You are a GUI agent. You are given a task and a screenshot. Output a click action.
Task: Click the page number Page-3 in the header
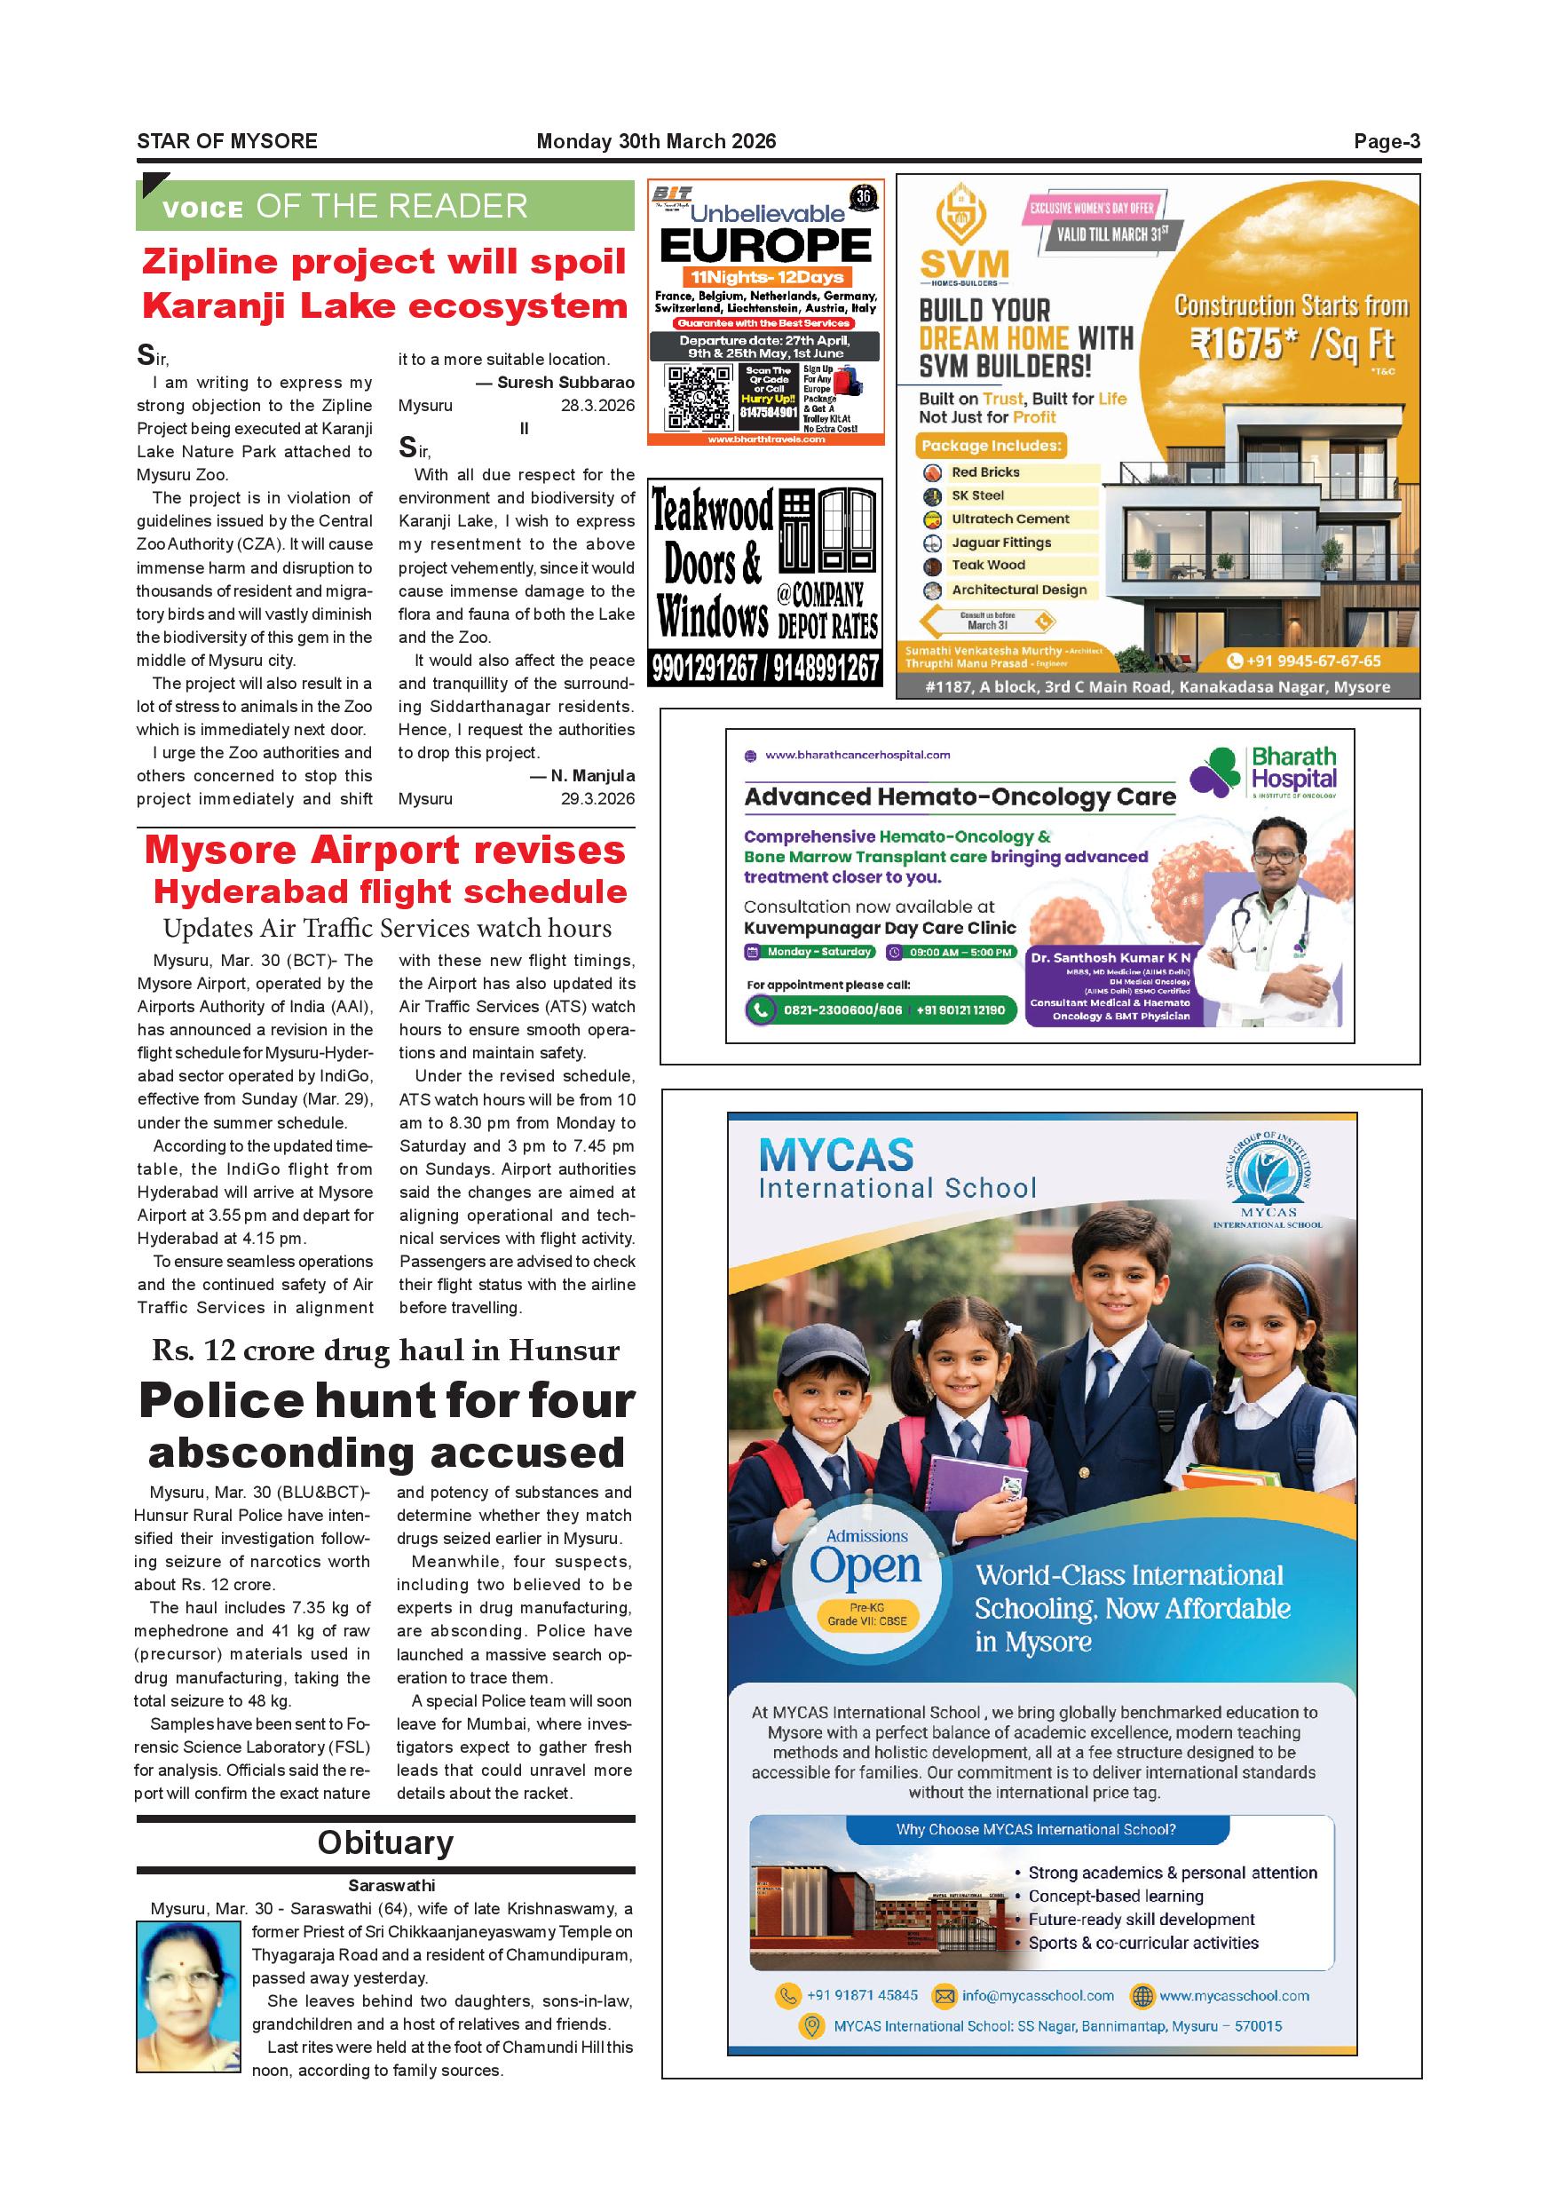tap(1387, 142)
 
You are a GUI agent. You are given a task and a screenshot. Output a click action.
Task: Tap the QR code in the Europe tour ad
tap(692, 396)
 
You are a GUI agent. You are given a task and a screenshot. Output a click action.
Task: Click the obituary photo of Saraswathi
tap(188, 1996)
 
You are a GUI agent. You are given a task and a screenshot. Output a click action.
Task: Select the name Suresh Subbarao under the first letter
tap(565, 383)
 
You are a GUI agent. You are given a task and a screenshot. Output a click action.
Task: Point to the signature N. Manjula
tap(592, 776)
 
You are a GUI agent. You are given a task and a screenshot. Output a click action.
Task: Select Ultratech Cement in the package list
tap(1009, 519)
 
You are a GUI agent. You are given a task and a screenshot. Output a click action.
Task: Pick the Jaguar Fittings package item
tap(1001, 543)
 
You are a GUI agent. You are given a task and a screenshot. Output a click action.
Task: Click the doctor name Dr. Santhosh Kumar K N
tap(1110, 957)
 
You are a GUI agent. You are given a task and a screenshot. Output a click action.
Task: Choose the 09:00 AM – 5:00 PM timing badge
tap(951, 953)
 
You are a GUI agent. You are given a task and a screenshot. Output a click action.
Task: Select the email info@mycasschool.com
tap(1038, 1996)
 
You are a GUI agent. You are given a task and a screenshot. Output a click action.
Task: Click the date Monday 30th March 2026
tap(656, 142)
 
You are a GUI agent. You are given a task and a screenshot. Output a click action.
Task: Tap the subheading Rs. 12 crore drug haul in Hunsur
tap(385, 1351)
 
